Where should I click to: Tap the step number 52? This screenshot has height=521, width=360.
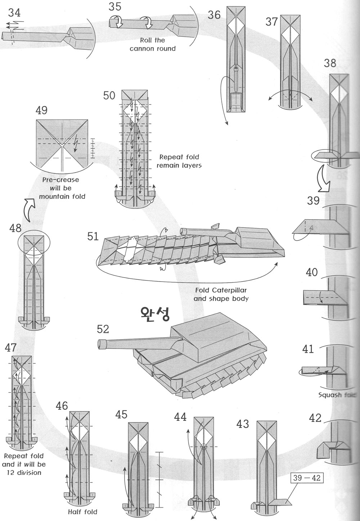(103, 329)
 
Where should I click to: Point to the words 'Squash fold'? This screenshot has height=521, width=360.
(337, 395)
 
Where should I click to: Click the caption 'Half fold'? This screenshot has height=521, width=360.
(82, 511)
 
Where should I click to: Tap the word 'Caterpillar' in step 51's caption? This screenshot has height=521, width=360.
(226, 290)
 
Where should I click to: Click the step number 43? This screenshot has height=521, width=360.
(243, 424)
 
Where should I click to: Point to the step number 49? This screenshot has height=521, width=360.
(42, 110)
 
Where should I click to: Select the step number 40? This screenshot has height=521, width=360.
(312, 272)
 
